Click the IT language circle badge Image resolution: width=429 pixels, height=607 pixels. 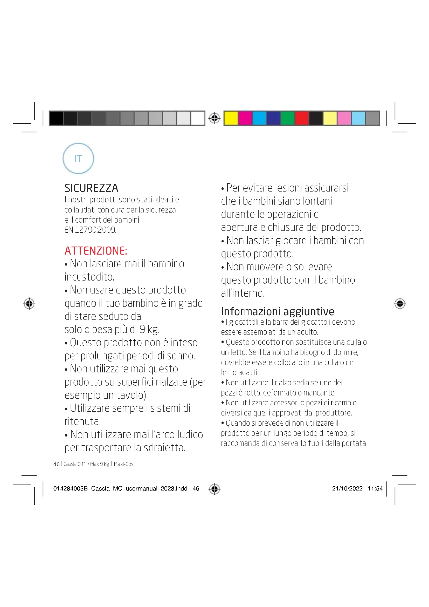(x=78, y=158)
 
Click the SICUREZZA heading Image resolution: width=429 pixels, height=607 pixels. (x=91, y=188)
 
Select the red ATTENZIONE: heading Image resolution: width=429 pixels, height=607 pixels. (x=96, y=251)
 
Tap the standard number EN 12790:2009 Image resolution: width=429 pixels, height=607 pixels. (x=90, y=230)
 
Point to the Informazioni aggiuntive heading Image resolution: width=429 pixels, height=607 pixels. (x=278, y=311)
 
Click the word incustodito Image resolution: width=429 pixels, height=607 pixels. (x=89, y=277)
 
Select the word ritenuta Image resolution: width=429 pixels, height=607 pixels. (x=82, y=421)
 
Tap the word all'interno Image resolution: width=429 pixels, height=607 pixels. (x=243, y=293)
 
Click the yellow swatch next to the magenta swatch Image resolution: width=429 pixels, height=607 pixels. (x=231, y=118)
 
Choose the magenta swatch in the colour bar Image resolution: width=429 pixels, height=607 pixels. (x=245, y=118)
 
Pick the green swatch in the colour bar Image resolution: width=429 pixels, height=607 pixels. (x=287, y=118)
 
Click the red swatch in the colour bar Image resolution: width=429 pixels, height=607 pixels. (x=302, y=118)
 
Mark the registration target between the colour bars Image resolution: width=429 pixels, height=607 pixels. (x=214, y=118)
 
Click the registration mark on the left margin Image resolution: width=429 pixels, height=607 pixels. (x=29, y=304)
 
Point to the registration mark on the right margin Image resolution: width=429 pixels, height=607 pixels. (x=400, y=304)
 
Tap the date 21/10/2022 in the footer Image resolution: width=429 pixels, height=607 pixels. (x=347, y=489)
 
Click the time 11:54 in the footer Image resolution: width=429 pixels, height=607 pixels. (x=375, y=489)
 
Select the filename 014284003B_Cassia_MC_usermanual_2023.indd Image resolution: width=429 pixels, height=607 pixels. (x=120, y=489)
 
